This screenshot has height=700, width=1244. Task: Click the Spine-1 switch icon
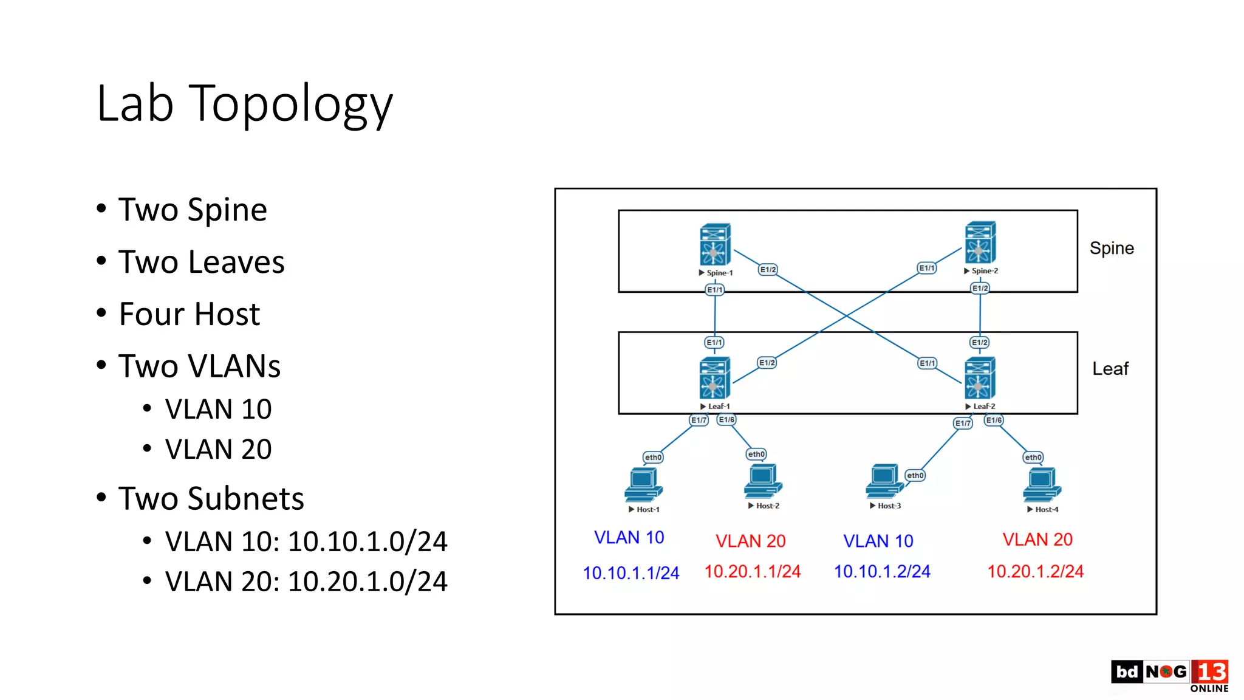714,244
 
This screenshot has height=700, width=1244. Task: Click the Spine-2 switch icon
980,242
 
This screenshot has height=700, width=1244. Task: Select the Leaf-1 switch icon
714,378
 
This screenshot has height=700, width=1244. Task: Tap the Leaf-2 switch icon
979,378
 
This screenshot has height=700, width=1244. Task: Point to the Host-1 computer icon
643,484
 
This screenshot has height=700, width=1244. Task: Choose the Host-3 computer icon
884,481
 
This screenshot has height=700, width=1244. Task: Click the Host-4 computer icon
1041,484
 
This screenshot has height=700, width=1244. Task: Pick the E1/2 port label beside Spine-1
768,269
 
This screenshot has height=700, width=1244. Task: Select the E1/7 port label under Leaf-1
699,420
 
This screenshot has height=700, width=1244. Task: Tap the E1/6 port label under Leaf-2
994,420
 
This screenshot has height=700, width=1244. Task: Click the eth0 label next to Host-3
915,475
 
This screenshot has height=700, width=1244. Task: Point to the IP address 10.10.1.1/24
631,572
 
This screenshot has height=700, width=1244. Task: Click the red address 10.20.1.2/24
1035,571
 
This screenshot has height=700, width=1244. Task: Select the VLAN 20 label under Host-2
750,541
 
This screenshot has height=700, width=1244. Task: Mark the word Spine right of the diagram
1111,248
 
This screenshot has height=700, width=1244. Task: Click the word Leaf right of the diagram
1110,368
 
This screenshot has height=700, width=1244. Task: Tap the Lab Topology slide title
245,104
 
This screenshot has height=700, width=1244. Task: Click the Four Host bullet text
189,314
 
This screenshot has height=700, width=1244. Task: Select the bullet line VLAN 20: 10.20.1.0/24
306,582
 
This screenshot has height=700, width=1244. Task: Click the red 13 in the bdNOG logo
1210,671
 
